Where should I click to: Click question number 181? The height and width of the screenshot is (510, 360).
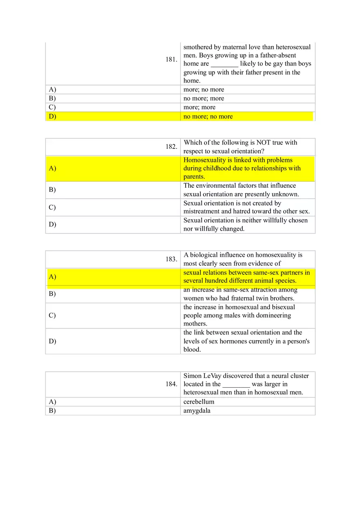171,60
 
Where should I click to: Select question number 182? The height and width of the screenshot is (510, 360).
171,147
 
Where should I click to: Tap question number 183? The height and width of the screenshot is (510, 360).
171,259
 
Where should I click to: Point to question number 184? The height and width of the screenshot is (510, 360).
171,384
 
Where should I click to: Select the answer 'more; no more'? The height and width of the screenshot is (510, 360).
204,90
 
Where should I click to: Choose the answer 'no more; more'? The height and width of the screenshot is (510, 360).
204,99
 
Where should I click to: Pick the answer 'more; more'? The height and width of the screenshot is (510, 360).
199,108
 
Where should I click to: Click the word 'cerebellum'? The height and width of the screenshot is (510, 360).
199,402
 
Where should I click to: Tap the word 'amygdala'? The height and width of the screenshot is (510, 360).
197,411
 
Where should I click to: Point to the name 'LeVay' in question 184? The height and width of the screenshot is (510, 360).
212,376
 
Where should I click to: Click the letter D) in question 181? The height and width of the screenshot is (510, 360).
52,117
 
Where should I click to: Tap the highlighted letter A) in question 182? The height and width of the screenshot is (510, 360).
52,169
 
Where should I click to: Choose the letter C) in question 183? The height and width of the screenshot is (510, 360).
52,315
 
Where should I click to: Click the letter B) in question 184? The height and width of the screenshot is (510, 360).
52,411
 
